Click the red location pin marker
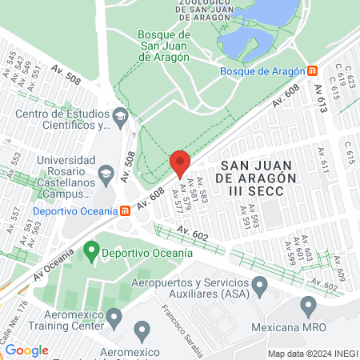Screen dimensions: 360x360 click(180, 162)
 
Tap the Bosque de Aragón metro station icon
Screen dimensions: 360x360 click(312, 70)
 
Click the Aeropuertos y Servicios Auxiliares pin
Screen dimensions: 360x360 click(259, 285)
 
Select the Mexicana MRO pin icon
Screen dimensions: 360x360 click(309, 306)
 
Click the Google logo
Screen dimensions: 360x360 click(26, 350)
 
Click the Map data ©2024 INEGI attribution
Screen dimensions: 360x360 click(313, 354)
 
